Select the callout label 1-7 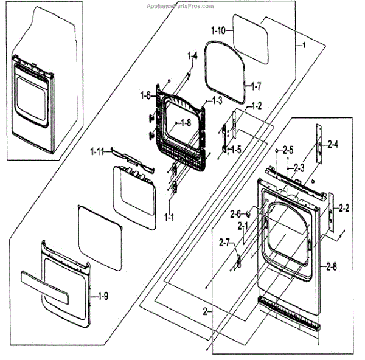point(254,86)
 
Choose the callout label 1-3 point(217,100)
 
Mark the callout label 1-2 point(255,106)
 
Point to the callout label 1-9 point(102,297)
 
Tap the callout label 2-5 point(287,150)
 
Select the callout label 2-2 point(343,209)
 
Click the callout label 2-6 point(235,213)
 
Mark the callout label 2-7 point(224,244)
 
